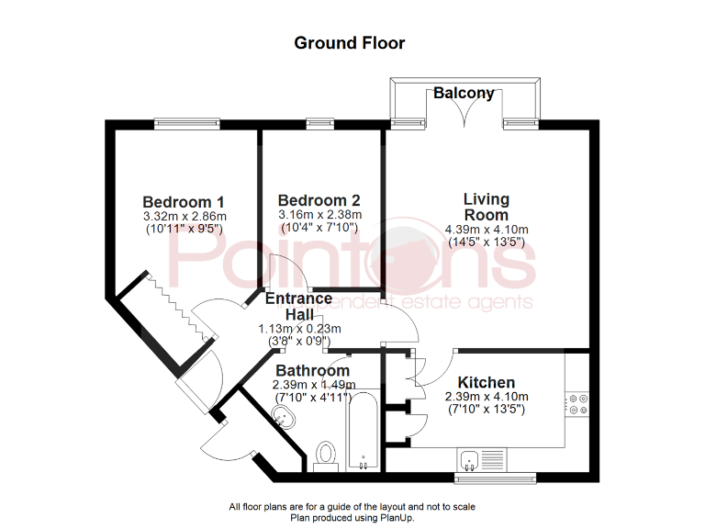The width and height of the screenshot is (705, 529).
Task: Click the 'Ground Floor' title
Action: [349, 42]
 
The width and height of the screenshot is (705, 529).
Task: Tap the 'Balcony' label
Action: [464, 93]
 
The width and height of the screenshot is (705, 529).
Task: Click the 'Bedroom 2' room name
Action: [319, 200]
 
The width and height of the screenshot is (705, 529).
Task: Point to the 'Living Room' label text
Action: [486, 207]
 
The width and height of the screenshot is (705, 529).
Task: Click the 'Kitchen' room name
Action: [487, 382]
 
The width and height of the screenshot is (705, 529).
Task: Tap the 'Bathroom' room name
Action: [311, 371]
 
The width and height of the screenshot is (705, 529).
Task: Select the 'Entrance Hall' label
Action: [298, 307]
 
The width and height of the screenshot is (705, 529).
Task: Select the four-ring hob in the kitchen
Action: [578, 404]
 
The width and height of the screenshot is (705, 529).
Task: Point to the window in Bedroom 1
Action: [186, 121]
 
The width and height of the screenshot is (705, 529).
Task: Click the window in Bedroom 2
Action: [319, 121]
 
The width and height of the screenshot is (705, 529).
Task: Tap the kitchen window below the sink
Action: [497, 478]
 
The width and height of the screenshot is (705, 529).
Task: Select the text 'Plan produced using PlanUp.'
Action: [352, 518]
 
